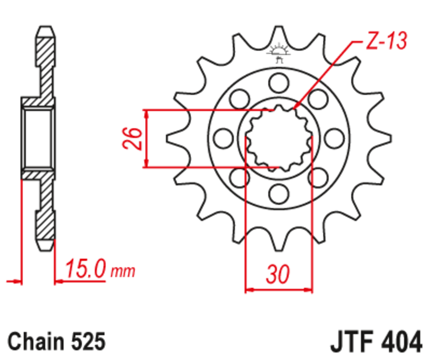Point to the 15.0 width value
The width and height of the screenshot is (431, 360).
point(86,268)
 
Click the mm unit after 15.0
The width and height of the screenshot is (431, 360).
point(123,271)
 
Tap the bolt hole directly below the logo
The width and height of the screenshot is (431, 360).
point(279,82)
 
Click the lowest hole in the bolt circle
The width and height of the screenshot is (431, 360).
point(279,192)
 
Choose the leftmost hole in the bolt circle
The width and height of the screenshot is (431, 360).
point(223,138)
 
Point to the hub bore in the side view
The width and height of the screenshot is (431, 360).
point(38,137)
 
